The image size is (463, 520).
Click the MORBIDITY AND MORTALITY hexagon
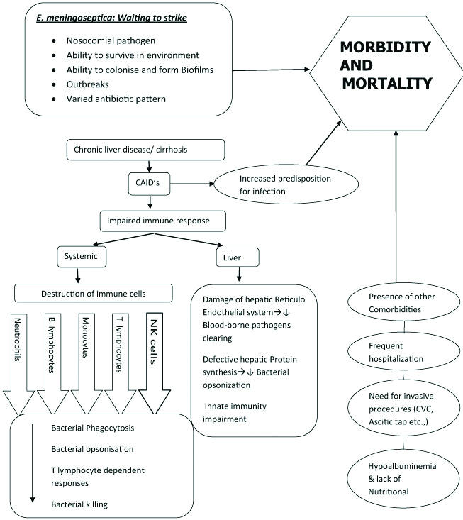386,69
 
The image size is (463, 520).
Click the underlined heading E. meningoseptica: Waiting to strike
111,17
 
